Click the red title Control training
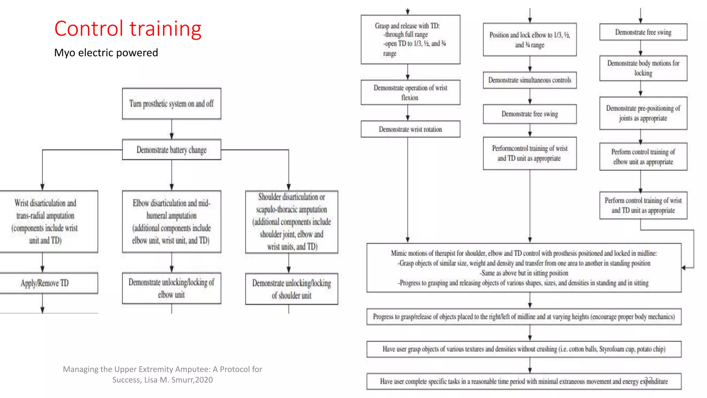click(x=128, y=29)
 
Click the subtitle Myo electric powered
click(x=106, y=53)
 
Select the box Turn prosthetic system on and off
click(x=172, y=104)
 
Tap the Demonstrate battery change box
click(x=172, y=150)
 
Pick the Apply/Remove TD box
click(x=45, y=283)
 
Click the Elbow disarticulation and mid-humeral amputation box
click(x=172, y=221)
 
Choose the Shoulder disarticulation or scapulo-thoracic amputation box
click(x=292, y=221)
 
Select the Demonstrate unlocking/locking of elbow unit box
click(x=172, y=288)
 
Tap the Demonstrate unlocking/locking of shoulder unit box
click(x=292, y=289)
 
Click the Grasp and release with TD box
click(x=410, y=39)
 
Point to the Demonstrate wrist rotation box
click(x=410, y=129)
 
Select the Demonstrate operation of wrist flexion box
click(x=410, y=93)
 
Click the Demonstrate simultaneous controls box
click(x=530, y=80)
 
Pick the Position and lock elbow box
click(x=530, y=40)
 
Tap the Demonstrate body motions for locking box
click(x=643, y=68)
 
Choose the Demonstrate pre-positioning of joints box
click(x=643, y=113)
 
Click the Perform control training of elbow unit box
click(x=643, y=157)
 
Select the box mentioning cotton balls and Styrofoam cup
click(x=524, y=349)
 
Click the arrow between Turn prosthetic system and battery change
click(x=172, y=130)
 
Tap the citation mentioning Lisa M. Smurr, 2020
click(x=162, y=375)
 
